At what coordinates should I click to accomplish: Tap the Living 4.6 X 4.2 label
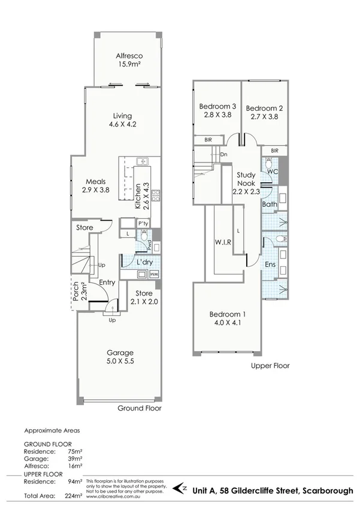tap(123, 121)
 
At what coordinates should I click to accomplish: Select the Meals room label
tap(96, 185)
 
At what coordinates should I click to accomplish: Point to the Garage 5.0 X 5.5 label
tap(120, 357)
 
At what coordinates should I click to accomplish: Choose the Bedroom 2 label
tap(264, 113)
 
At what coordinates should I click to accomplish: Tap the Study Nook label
tap(246, 183)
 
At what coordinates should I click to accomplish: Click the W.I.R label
tap(223, 242)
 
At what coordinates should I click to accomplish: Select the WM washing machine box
tap(154, 274)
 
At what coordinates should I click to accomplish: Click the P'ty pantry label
tap(143, 223)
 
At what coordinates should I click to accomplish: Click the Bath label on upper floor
tap(269, 204)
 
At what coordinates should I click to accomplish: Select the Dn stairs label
tap(223, 155)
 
